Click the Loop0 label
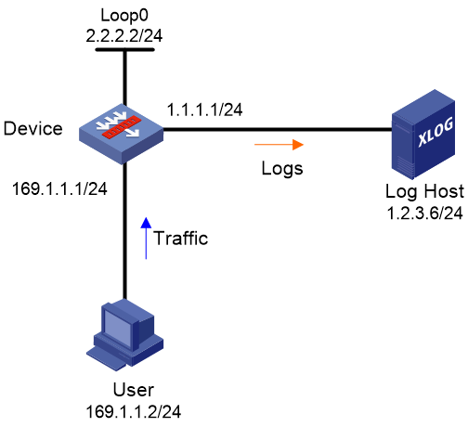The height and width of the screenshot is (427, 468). [x=124, y=16]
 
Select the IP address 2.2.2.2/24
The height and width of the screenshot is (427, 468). [x=124, y=36]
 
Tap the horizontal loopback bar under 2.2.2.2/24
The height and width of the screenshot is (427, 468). [x=124, y=49]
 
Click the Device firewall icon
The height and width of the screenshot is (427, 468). [x=121, y=134]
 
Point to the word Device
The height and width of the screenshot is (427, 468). [x=33, y=128]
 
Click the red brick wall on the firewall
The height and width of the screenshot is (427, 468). [x=122, y=126]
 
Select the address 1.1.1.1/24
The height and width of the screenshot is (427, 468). [x=204, y=110]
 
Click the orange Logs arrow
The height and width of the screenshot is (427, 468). [x=279, y=145]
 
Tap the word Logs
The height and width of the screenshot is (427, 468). [x=282, y=169]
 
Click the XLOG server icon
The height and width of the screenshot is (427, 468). [x=423, y=135]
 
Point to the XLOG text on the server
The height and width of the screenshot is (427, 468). [x=435, y=132]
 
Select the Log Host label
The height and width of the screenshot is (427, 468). [x=424, y=191]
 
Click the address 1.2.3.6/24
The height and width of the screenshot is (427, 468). [x=424, y=213]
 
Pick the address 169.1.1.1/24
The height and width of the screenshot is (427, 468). [x=59, y=188]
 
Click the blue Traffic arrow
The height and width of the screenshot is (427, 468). [x=146, y=238]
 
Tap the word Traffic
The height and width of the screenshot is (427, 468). [x=181, y=239]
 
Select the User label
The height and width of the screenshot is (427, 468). [x=134, y=390]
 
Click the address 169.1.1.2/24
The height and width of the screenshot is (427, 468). [x=134, y=412]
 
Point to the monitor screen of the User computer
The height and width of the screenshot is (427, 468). [x=118, y=328]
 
